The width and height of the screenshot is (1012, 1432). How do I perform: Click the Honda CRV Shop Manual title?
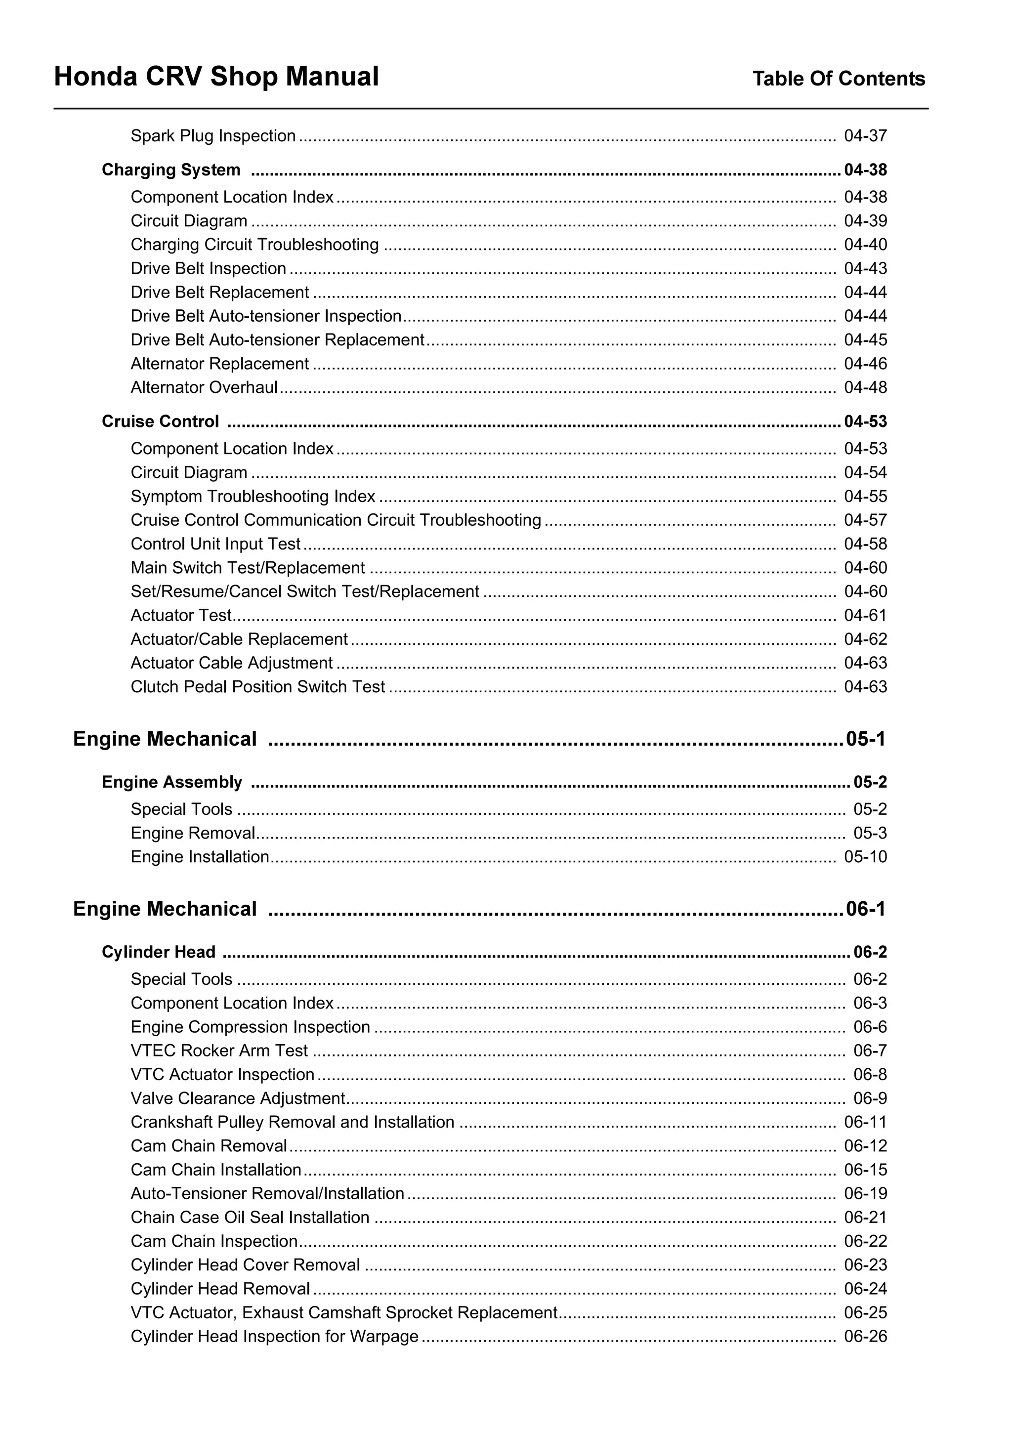tap(216, 77)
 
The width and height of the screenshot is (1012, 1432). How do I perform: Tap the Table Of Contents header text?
tap(838, 79)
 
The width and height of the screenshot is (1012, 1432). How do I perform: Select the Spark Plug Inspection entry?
tap(212, 136)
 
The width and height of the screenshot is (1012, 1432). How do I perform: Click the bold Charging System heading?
tap(171, 169)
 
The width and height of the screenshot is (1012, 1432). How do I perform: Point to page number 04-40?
tap(865, 245)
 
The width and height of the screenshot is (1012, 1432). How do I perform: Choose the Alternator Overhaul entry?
tap(204, 387)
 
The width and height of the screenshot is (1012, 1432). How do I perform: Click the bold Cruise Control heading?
tap(160, 421)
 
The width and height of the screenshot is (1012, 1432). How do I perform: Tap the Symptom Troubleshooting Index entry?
tap(253, 497)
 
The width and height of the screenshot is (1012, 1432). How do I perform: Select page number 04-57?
tap(865, 520)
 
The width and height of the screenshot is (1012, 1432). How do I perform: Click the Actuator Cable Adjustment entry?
tap(231, 663)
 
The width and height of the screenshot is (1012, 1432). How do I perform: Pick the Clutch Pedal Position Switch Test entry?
tap(257, 687)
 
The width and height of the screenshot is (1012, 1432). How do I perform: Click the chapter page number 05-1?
tap(865, 739)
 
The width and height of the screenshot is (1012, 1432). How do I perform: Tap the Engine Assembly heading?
tap(171, 782)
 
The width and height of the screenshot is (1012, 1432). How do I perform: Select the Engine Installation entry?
tap(200, 857)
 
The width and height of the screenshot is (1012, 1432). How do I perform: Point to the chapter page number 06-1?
tap(865, 909)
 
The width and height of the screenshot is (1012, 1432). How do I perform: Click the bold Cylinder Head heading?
tap(159, 952)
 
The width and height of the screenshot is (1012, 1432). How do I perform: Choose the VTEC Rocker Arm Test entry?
tap(219, 1051)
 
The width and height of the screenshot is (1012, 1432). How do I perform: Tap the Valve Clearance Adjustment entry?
tap(238, 1098)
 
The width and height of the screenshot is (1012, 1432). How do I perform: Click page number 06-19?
tap(865, 1194)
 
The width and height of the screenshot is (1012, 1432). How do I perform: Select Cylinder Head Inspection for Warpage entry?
tap(274, 1337)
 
